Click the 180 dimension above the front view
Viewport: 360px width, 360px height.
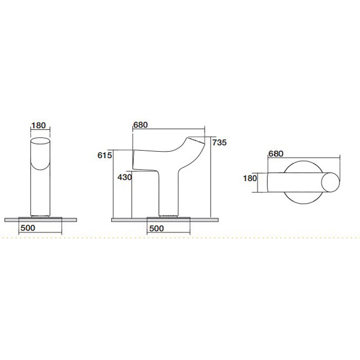click(x=39, y=125)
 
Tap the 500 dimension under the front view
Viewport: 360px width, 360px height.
click(x=28, y=228)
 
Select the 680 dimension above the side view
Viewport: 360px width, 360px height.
click(x=140, y=125)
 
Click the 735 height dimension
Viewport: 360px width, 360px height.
click(x=220, y=142)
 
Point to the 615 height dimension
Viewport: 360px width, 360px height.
click(x=105, y=155)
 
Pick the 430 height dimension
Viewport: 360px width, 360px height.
click(x=124, y=177)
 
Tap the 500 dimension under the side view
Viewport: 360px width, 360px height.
click(x=156, y=228)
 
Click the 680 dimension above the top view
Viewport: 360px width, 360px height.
click(x=276, y=154)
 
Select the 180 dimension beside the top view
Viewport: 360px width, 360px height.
click(x=250, y=178)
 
